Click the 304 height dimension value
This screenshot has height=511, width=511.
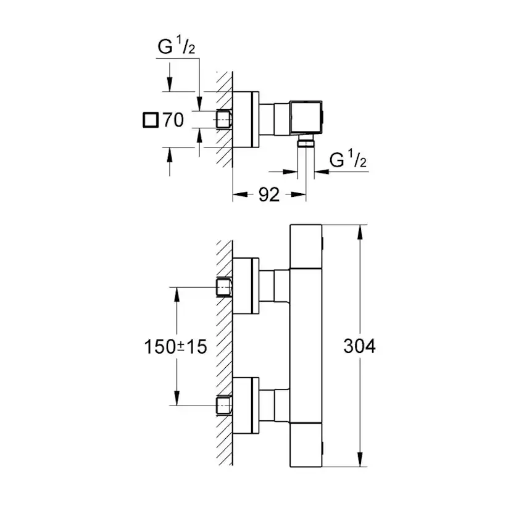click(359, 346)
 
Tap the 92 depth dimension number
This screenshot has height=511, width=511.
click(268, 195)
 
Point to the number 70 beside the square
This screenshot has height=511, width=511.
click(173, 120)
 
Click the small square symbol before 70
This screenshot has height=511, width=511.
click(149, 120)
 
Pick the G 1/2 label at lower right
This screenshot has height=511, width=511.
click(348, 161)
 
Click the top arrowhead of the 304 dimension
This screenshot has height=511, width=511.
click(359, 230)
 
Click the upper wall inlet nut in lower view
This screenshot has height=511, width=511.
click(223, 288)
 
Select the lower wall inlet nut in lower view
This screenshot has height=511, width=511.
click(223, 405)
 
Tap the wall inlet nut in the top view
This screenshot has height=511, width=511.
click(223, 119)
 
